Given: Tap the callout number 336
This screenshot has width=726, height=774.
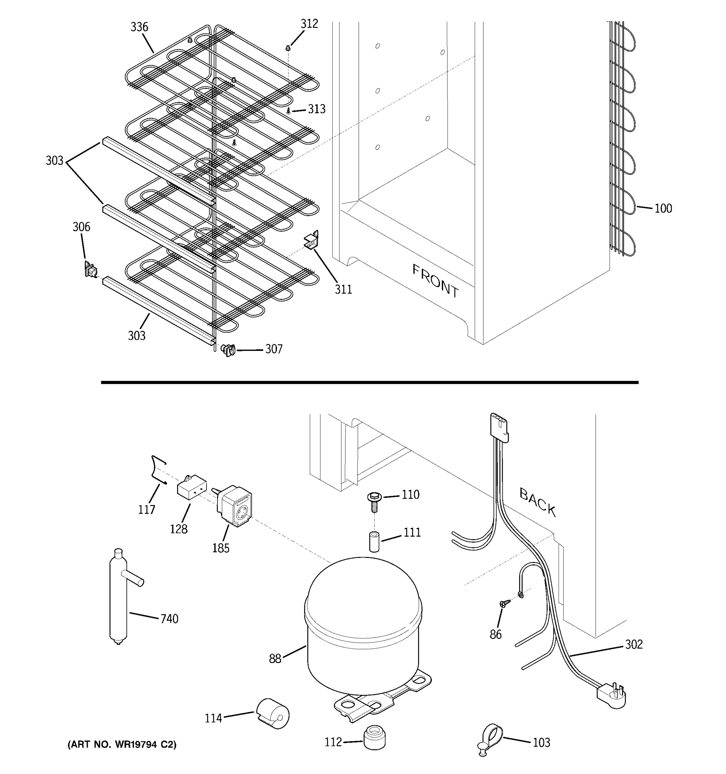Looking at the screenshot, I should [x=139, y=27].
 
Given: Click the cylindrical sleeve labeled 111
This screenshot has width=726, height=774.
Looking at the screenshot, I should [x=374, y=541].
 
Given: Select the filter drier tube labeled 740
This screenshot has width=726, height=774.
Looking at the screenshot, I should [x=119, y=600].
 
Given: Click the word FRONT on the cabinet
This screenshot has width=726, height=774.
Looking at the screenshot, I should [x=436, y=281].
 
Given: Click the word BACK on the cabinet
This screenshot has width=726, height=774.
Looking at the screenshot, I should [x=538, y=502].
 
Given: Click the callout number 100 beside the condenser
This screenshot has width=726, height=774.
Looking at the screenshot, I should [x=663, y=209].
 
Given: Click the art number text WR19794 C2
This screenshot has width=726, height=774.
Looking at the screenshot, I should [x=122, y=744].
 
